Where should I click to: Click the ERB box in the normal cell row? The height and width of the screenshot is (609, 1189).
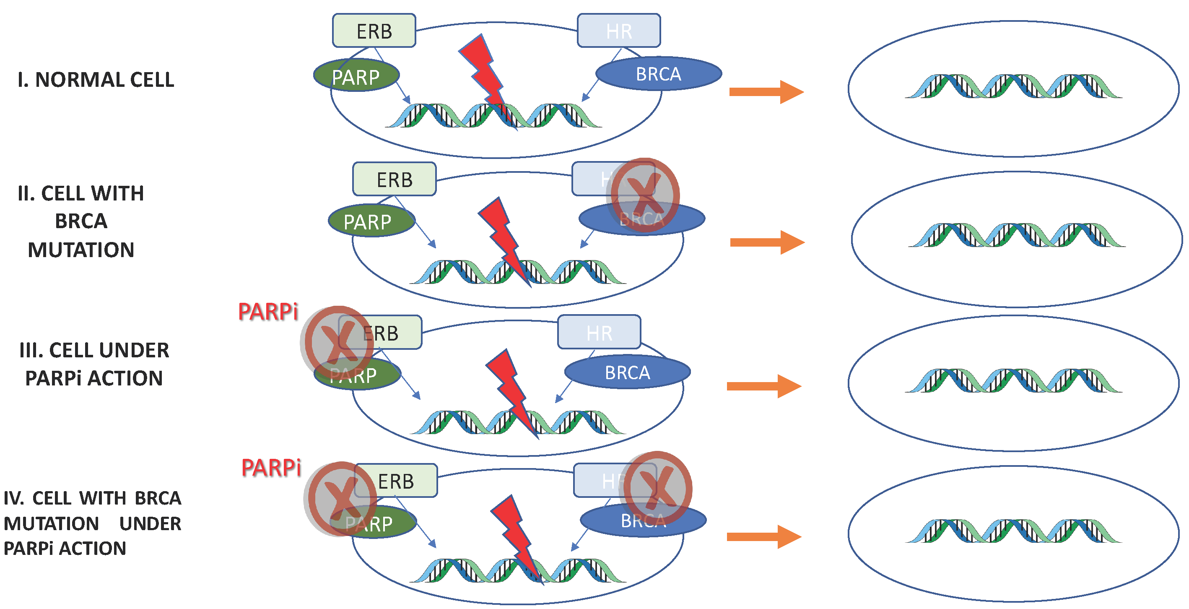[x=374, y=31]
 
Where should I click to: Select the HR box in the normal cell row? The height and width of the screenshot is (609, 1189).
[x=618, y=31]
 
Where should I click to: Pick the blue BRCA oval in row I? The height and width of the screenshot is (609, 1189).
[x=658, y=74]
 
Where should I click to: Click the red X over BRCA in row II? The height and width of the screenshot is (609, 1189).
[x=645, y=196]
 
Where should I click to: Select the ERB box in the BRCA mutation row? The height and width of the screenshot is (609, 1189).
[x=394, y=179]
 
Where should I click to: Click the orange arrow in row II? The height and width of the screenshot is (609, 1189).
[x=767, y=242]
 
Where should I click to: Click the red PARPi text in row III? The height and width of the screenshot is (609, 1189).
[x=268, y=312]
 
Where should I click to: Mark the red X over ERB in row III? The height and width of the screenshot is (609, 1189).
[x=337, y=342]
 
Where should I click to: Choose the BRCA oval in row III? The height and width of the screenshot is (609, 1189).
[x=627, y=372]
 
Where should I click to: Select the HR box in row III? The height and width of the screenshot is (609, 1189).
[x=599, y=333]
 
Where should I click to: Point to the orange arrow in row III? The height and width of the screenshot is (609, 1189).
[x=764, y=386]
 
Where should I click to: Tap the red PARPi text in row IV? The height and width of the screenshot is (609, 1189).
[x=271, y=468]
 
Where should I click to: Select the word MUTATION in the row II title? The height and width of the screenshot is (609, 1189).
[x=81, y=250]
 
